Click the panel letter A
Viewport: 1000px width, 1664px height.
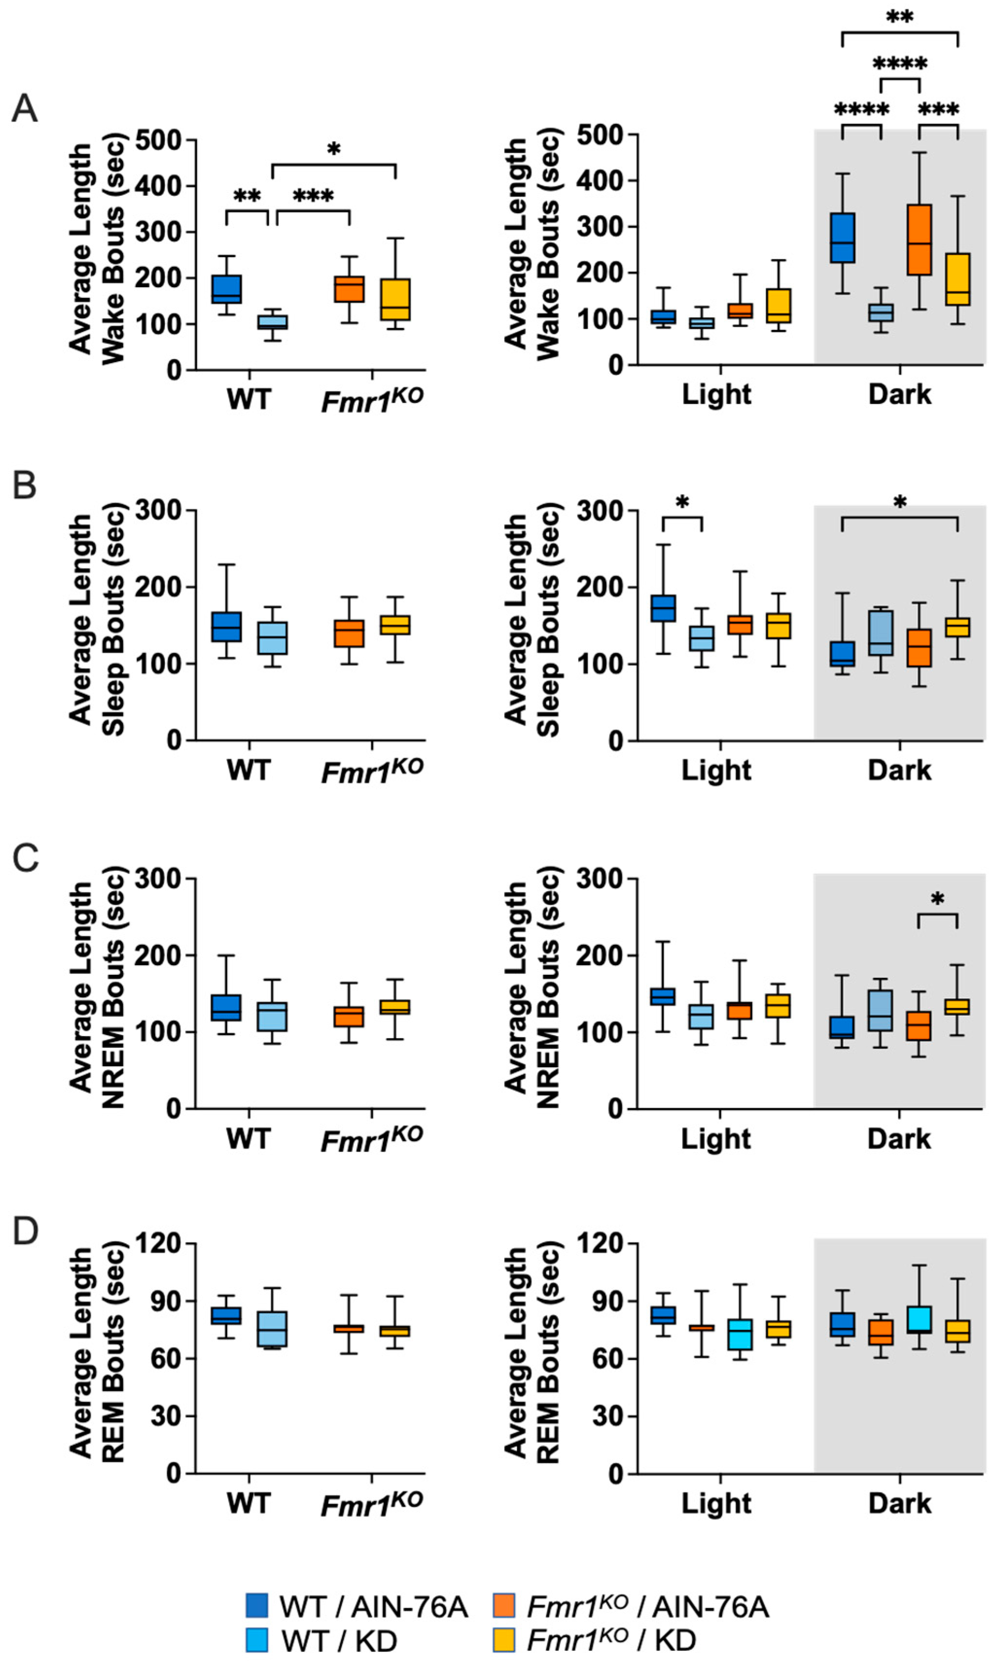(x=25, y=108)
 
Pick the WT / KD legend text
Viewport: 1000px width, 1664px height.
(x=339, y=1641)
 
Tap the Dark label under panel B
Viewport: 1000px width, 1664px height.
(x=899, y=770)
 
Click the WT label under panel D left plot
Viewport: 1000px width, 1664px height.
(x=248, y=1502)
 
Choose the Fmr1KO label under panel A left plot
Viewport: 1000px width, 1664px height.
(x=372, y=399)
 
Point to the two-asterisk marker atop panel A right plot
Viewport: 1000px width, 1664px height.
(x=899, y=17)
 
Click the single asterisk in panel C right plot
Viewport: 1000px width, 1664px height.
(x=937, y=900)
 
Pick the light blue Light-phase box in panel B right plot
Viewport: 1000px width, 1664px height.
(x=702, y=639)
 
